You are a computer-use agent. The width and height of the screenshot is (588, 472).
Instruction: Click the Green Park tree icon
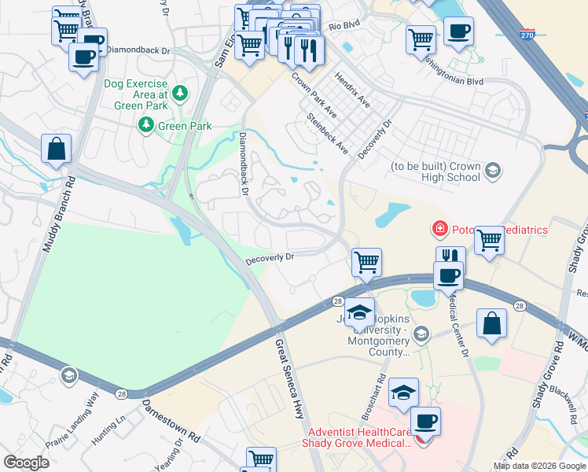145,124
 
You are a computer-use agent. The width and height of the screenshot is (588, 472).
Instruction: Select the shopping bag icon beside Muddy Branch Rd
57,149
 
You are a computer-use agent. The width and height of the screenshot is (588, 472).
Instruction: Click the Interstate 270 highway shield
529,35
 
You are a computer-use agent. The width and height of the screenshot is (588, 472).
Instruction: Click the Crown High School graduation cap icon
492,171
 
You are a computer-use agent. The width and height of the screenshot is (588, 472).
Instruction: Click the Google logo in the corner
27,463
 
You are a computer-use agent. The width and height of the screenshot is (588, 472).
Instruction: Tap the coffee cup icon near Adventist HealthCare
425,421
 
